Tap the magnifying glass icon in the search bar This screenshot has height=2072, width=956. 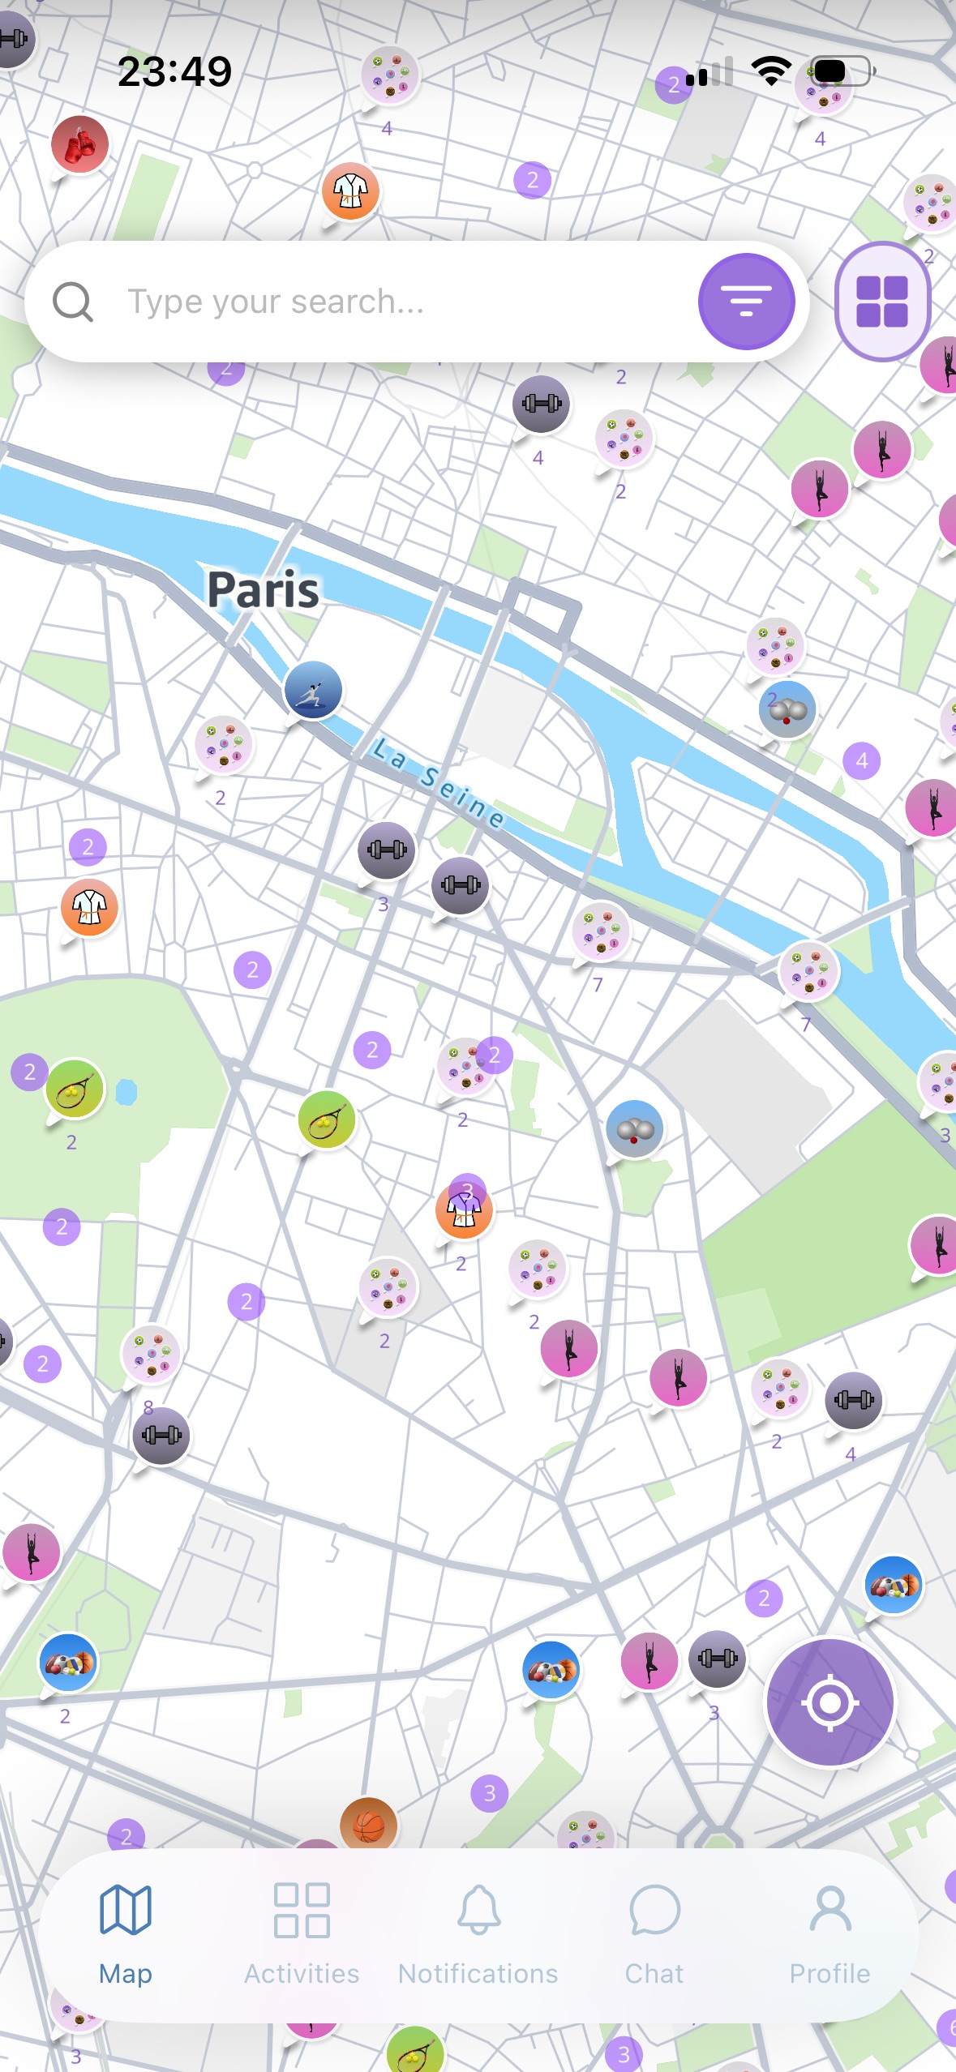73,302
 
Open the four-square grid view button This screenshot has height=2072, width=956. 882,302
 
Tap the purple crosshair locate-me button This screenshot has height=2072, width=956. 830,1702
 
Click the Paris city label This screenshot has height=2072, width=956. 263,589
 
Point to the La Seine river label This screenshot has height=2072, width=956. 439,783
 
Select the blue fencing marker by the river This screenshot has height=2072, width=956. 313,690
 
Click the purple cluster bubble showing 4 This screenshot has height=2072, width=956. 861,760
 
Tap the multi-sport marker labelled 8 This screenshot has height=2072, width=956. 150,1354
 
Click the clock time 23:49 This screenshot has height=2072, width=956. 174,71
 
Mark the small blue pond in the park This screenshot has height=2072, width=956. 126,1093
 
